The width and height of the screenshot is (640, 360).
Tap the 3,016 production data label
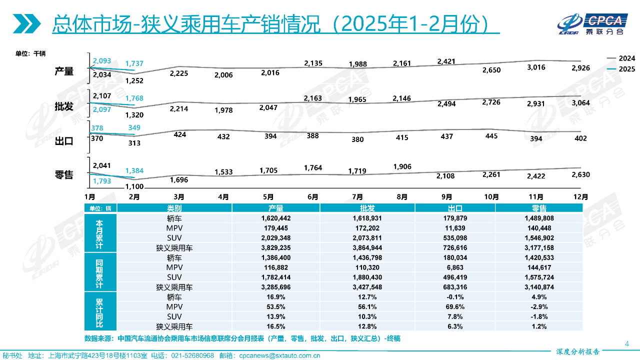click(x=536, y=67)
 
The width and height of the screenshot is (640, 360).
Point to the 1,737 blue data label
click(x=134, y=63)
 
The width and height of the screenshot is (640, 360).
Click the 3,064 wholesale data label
click(x=580, y=103)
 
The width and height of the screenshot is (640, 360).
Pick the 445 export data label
click(x=491, y=136)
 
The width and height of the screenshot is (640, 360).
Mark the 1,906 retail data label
click(x=402, y=166)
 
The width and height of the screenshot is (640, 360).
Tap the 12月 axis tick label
click(x=580, y=197)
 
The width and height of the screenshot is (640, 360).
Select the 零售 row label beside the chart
click(x=64, y=175)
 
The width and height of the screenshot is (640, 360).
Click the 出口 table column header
click(x=454, y=208)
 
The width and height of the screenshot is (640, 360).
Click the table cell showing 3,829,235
click(x=275, y=247)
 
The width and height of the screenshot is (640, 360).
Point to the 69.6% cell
click(x=454, y=306)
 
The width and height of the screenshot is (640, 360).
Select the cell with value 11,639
click(x=454, y=227)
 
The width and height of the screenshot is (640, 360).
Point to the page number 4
click(x=627, y=343)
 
